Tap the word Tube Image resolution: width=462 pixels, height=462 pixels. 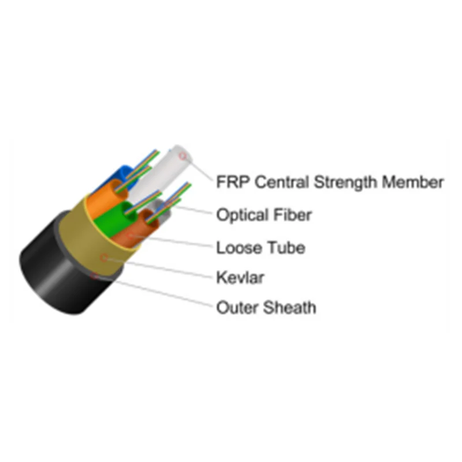pyautogui.click(x=285, y=248)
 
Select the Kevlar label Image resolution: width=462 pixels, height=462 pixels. pyautogui.click(x=240, y=278)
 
